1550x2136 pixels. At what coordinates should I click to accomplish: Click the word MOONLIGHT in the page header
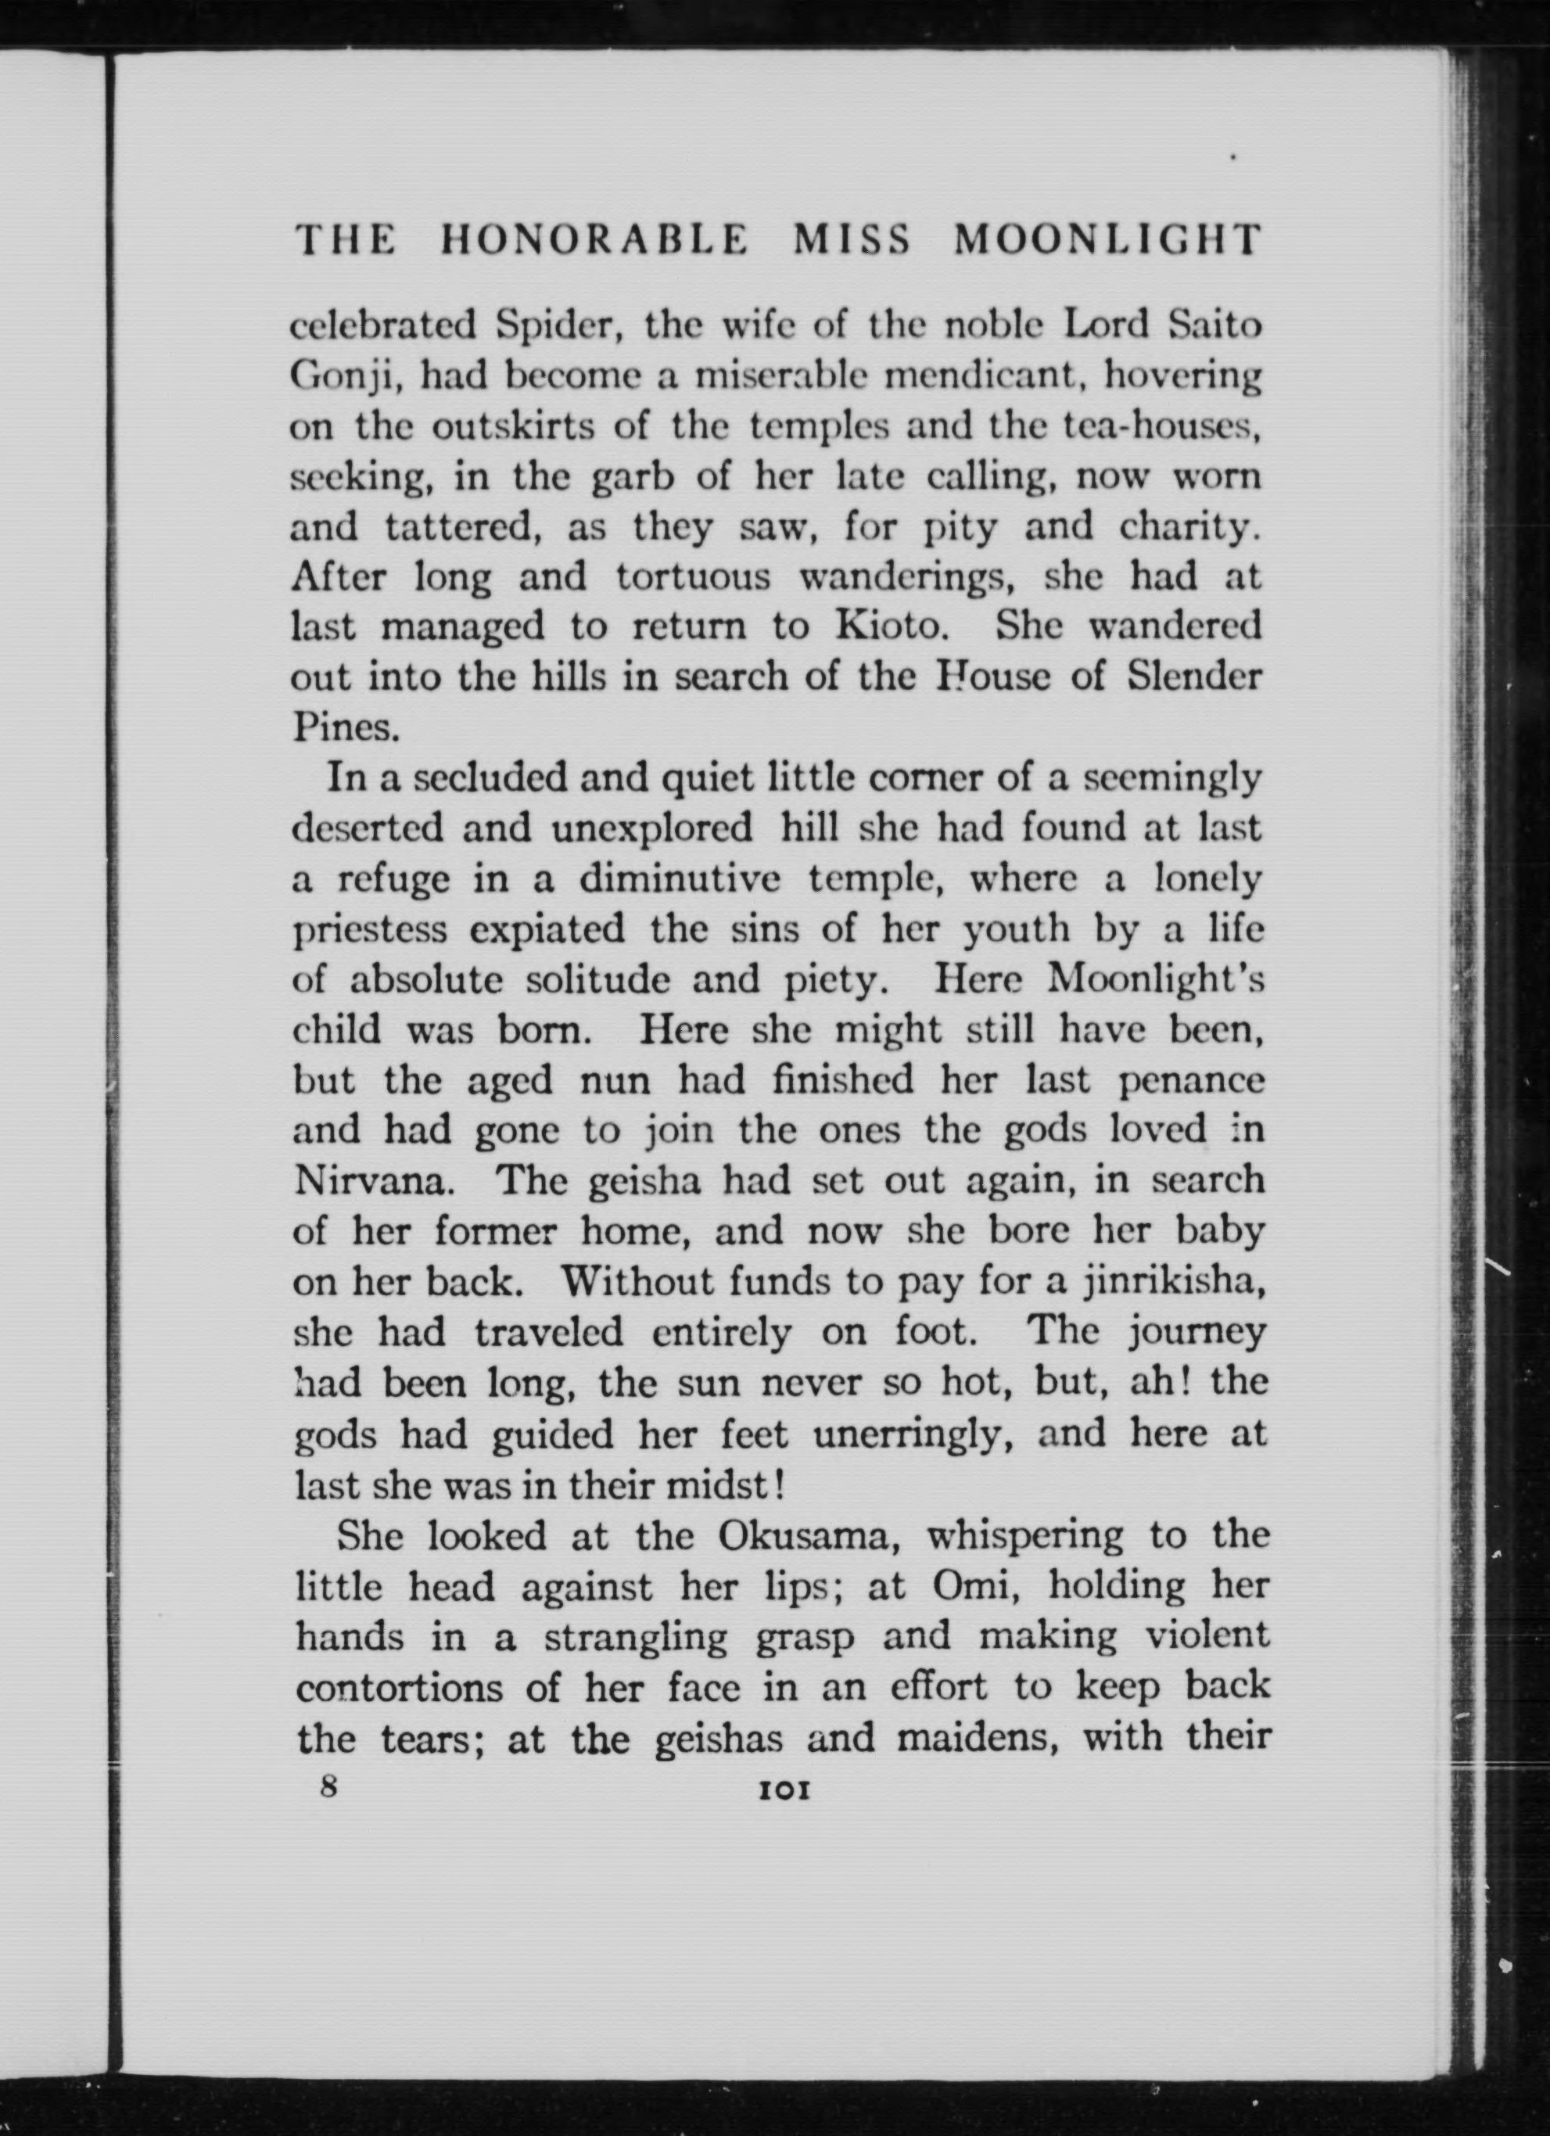(x=1107, y=241)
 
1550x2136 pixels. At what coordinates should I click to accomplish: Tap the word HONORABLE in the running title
(x=594, y=241)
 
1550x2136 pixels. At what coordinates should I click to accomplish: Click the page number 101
(x=784, y=1790)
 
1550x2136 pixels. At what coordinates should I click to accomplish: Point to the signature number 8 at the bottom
(x=328, y=1786)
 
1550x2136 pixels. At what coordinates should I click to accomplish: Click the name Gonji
(x=346, y=379)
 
